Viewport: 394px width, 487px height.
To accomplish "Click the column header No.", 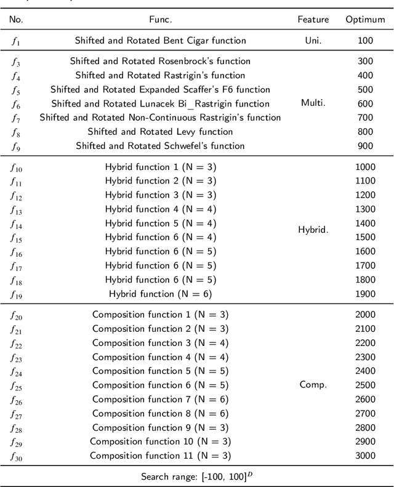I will pos(17,20).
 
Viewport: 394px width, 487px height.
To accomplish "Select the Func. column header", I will pos(160,20).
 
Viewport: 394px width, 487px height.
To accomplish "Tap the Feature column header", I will pos(314,20).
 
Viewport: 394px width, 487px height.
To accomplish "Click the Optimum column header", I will pos(365,20).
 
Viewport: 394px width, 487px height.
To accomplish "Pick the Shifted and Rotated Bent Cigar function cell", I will pos(160,41).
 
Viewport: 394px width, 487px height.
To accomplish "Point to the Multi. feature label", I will pos(314,103).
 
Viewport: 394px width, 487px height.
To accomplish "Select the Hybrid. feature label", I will pos(314,230).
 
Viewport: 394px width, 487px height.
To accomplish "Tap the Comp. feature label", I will pos(314,385).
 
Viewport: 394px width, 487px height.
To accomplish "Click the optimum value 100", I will pos(365,41).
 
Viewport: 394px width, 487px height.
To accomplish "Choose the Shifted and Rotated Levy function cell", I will pos(160,132).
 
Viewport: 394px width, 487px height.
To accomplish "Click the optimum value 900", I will pos(365,146).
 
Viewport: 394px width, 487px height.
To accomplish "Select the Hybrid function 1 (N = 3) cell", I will pos(160,167).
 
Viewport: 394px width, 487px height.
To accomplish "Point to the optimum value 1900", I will pos(365,294).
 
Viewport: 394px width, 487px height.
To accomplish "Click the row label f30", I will pos(17,456).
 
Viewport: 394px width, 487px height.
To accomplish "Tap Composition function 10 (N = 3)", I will pos(160,441).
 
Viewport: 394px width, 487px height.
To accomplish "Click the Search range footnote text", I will pos(196,476).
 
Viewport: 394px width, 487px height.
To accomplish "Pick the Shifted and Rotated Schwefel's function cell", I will pos(160,146).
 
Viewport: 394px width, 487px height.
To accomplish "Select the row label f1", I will pos(15,41).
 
